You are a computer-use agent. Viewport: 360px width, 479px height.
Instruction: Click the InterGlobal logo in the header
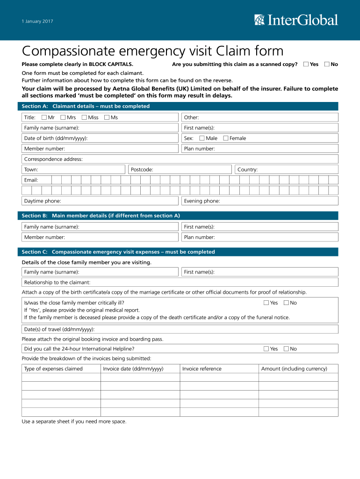[x=296, y=20]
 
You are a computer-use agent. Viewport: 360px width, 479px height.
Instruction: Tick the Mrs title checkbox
[x=63, y=117]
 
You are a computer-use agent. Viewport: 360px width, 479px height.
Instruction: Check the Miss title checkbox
[x=84, y=117]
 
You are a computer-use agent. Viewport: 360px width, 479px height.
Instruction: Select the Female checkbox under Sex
[x=226, y=138]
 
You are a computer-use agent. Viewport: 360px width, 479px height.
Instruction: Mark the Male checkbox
[x=202, y=138]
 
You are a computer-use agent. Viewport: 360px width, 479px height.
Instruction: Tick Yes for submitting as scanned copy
[x=306, y=64]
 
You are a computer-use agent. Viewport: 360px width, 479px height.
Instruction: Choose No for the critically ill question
[x=286, y=303]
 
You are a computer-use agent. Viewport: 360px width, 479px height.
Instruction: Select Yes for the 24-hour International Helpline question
[x=266, y=348]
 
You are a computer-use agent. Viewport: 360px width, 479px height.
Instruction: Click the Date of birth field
[x=131, y=138]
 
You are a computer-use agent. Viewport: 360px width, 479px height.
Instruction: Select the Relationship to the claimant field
[x=210, y=282]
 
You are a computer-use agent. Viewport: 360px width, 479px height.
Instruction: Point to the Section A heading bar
[x=180, y=106]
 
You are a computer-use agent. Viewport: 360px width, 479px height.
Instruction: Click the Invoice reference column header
[x=202, y=369]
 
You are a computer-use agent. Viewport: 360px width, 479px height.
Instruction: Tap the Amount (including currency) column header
[x=294, y=369]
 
